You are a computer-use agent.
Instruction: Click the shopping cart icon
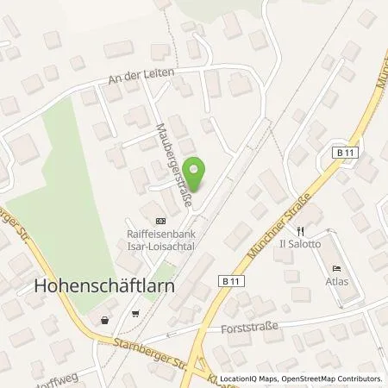coord(135,314)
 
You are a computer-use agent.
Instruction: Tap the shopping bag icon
coord(104,319)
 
